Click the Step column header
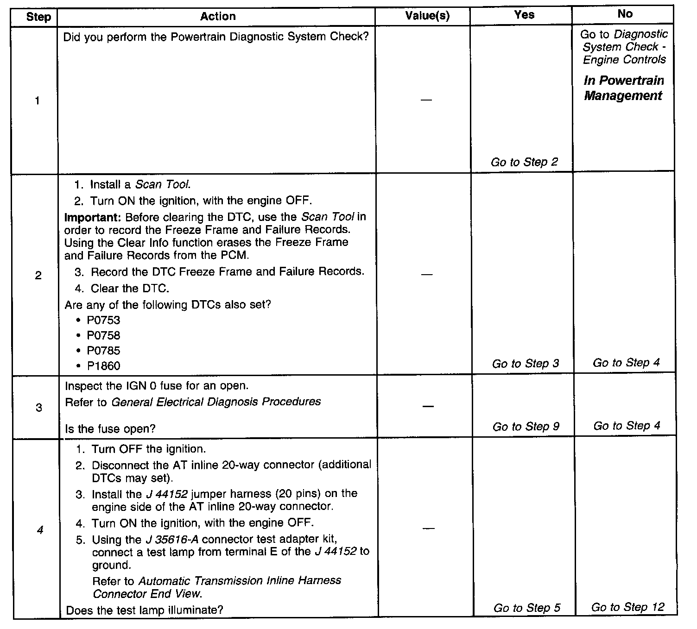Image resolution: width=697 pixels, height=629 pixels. pos(38,17)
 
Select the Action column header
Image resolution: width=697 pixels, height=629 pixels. pos(218,17)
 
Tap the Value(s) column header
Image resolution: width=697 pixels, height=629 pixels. pos(427,16)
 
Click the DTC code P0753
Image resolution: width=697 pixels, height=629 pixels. pos(103,321)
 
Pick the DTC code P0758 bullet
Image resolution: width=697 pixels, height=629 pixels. pos(103,335)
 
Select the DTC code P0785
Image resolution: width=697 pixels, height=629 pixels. pos(103,351)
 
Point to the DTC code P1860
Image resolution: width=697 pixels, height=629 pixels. pos(103,366)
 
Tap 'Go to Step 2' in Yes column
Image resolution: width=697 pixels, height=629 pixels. pos(524,162)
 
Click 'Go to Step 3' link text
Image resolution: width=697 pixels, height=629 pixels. pos(526,364)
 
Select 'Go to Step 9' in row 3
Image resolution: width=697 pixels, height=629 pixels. pos(526,426)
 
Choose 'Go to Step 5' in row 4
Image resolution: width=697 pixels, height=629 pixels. pos(527,608)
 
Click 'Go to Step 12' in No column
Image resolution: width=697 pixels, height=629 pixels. pos(627,607)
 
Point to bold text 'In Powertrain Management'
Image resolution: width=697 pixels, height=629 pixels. pos(623,88)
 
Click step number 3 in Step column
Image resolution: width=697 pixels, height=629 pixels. pos(38,408)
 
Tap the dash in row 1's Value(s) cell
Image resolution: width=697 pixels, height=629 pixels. pos(426,100)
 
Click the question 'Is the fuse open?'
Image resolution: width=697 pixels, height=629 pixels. pos(110,429)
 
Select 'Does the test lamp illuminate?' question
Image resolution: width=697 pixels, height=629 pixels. pos(145,610)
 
